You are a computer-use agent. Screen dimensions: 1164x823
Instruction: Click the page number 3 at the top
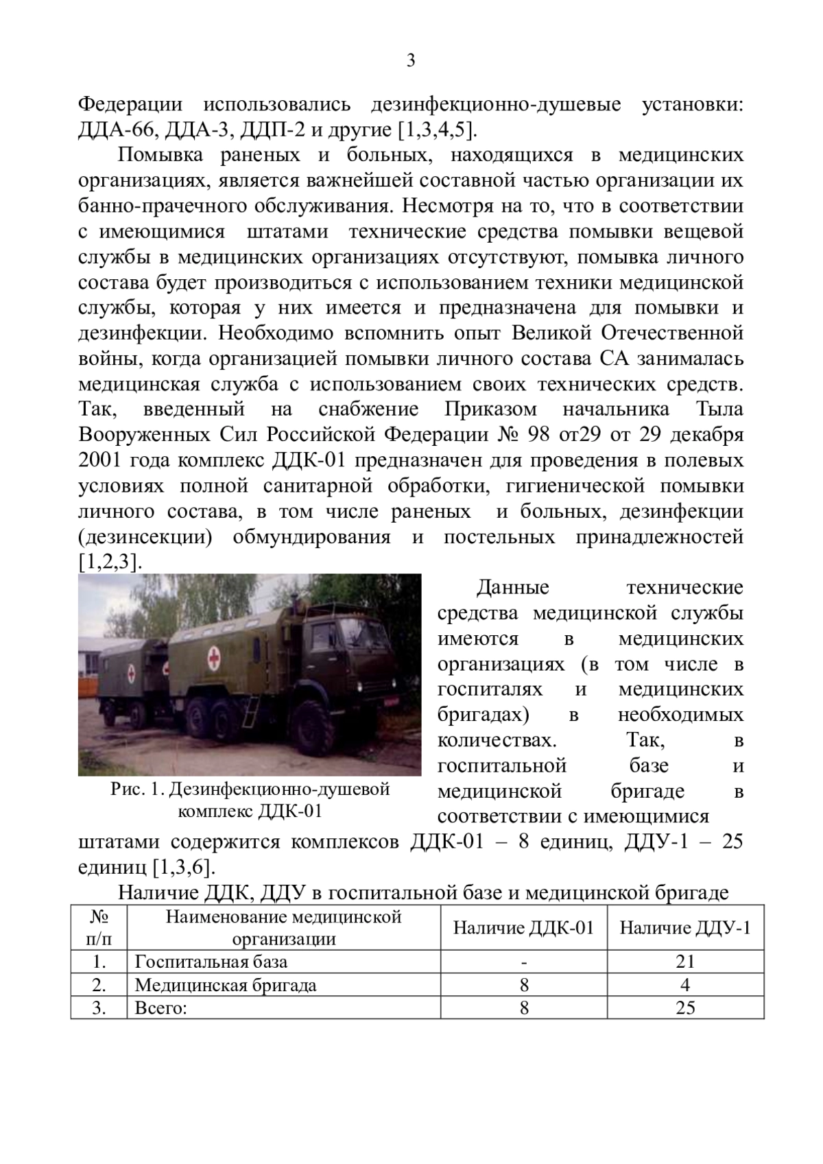point(411,61)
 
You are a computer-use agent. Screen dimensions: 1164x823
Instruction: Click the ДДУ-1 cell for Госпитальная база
point(685,962)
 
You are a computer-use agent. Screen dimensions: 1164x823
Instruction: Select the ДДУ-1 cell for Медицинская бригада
point(685,986)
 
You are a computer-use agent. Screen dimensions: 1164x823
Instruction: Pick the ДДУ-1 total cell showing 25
point(685,1007)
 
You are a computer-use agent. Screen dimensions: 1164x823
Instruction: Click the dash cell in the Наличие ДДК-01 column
point(524,962)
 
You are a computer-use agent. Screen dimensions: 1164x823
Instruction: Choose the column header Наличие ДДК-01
point(523,928)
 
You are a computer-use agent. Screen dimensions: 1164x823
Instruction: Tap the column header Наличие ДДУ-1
point(685,928)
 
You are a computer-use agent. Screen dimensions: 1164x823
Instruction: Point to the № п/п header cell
point(99,928)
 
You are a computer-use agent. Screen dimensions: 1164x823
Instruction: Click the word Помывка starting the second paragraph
point(160,155)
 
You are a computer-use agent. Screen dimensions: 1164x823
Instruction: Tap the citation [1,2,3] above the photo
point(110,562)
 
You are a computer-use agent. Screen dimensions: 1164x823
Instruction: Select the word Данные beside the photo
point(513,588)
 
